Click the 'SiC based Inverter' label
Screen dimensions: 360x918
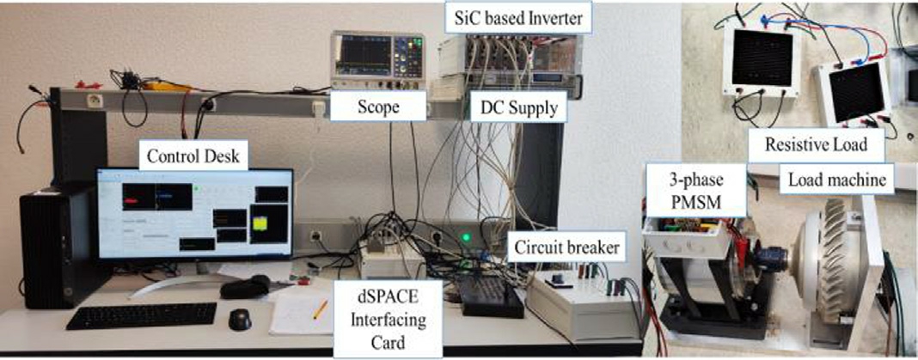coord(512,17)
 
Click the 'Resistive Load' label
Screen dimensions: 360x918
coord(817,145)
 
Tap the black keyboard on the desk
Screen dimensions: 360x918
coord(142,314)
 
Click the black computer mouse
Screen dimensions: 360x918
coord(240,319)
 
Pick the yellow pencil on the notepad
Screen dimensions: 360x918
coord(320,309)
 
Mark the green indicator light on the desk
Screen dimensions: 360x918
coord(467,237)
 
